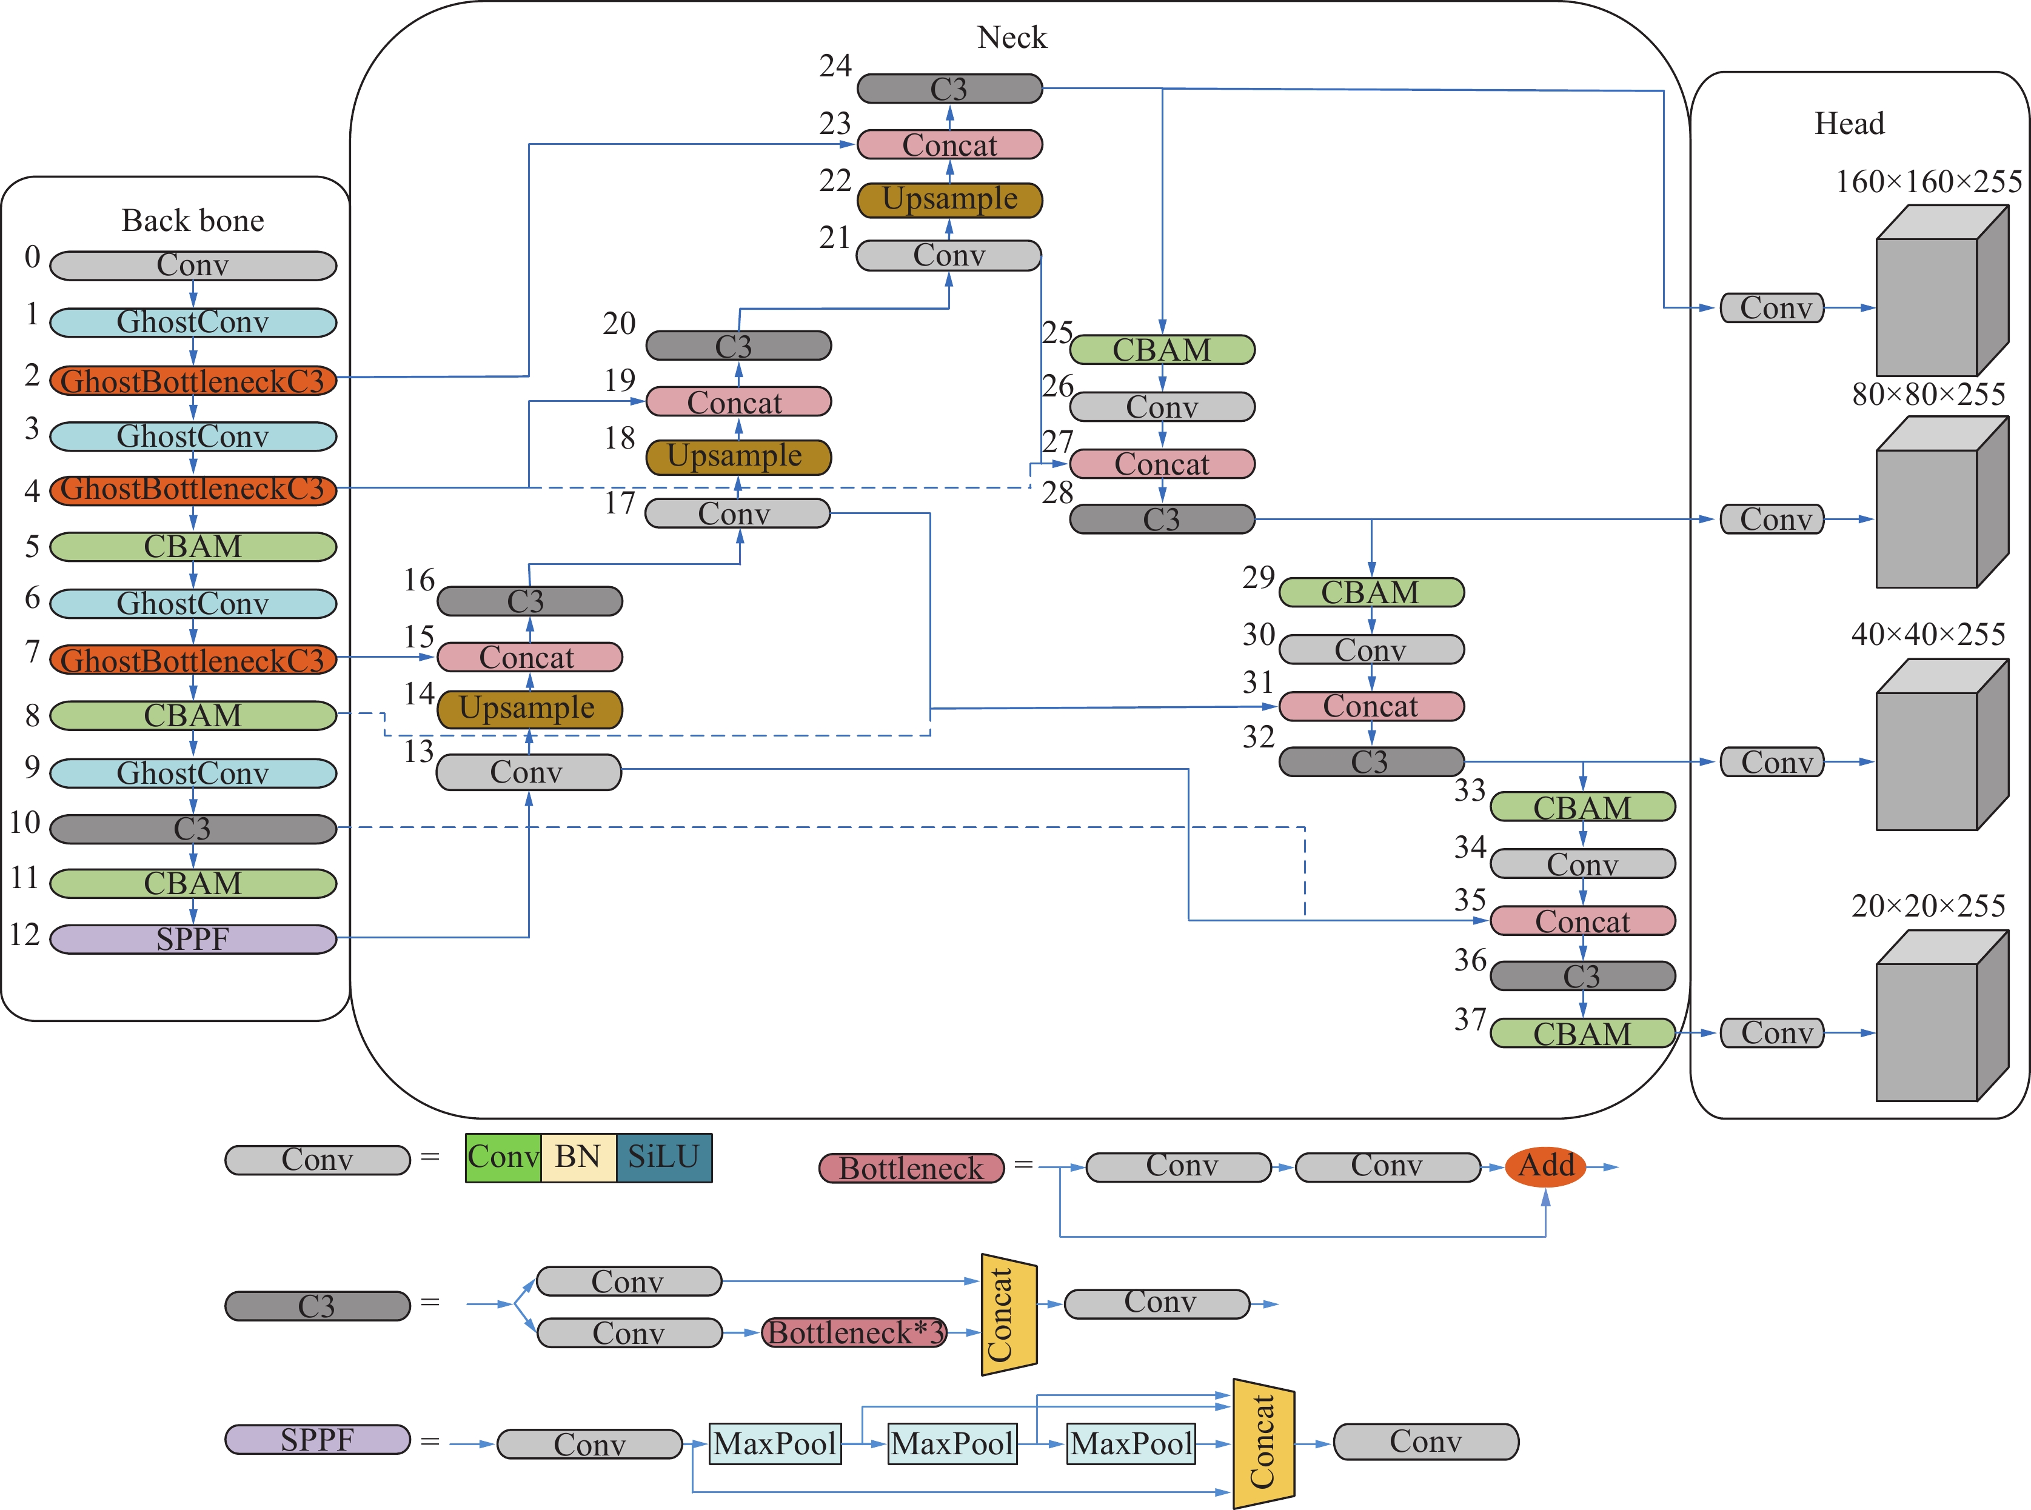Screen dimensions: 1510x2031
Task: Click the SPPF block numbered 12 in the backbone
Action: pos(193,939)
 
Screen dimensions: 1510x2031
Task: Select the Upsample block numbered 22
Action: pos(949,199)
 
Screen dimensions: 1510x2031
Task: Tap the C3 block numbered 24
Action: pos(949,89)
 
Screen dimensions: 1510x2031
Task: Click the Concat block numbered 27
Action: pos(1162,463)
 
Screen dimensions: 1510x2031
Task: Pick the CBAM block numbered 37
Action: pos(1582,1033)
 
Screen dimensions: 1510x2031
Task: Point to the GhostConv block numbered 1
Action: pos(193,322)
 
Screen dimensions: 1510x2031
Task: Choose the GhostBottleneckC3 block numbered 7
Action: pos(193,660)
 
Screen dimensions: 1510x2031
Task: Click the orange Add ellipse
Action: pos(1545,1166)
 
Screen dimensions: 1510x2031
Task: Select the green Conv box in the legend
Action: pos(503,1157)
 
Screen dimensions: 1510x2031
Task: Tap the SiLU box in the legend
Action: pos(664,1157)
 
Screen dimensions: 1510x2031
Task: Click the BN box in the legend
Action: pos(578,1157)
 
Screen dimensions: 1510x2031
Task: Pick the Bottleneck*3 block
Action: pos(855,1332)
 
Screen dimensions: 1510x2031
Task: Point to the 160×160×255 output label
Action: pos(1929,182)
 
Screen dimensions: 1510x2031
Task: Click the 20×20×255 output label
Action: pos(1929,906)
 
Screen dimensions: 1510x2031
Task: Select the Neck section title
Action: pos(1012,38)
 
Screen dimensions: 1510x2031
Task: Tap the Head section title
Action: pos(1849,124)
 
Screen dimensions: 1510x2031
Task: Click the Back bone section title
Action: pos(193,220)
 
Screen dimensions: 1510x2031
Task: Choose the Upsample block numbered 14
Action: pos(529,709)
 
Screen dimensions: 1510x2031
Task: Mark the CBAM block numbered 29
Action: pos(1371,592)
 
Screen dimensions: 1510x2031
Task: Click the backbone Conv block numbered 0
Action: pos(193,265)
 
